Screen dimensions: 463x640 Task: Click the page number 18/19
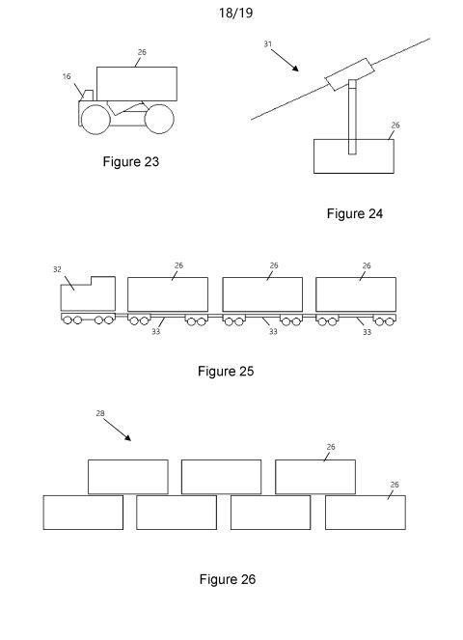point(235,13)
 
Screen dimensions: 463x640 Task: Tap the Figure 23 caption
point(131,161)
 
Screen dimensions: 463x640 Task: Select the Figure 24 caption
point(355,213)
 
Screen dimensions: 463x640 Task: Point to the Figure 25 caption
point(226,371)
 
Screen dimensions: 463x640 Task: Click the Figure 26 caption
point(228,579)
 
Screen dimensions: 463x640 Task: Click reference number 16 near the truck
point(67,76)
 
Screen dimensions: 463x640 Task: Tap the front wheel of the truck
point(95,119)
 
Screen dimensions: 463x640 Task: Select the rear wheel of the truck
point(159,119)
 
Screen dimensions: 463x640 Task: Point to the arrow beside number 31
point(285,61)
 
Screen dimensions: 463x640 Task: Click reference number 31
point(267,43)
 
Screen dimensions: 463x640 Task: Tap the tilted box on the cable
point(349,74)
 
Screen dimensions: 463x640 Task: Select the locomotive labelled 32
point(88,293)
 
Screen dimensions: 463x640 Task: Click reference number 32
point(57,269)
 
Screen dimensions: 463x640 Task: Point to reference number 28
point(100,413)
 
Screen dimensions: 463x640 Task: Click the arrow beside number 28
point(117,430)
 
